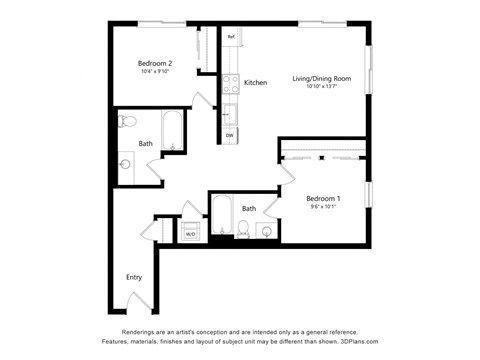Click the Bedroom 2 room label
click(155, 63)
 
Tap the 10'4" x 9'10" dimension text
click(155, 71)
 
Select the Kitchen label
click(255, 83)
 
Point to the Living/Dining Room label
click(321, 78)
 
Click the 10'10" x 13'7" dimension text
click(321, 86)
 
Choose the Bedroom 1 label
click(322, 198)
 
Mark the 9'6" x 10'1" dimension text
click(322, 206)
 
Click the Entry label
click(134, 277)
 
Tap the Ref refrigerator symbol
click(231, 38)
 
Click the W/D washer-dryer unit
click(191, 233)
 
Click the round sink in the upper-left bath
click(124, 164)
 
